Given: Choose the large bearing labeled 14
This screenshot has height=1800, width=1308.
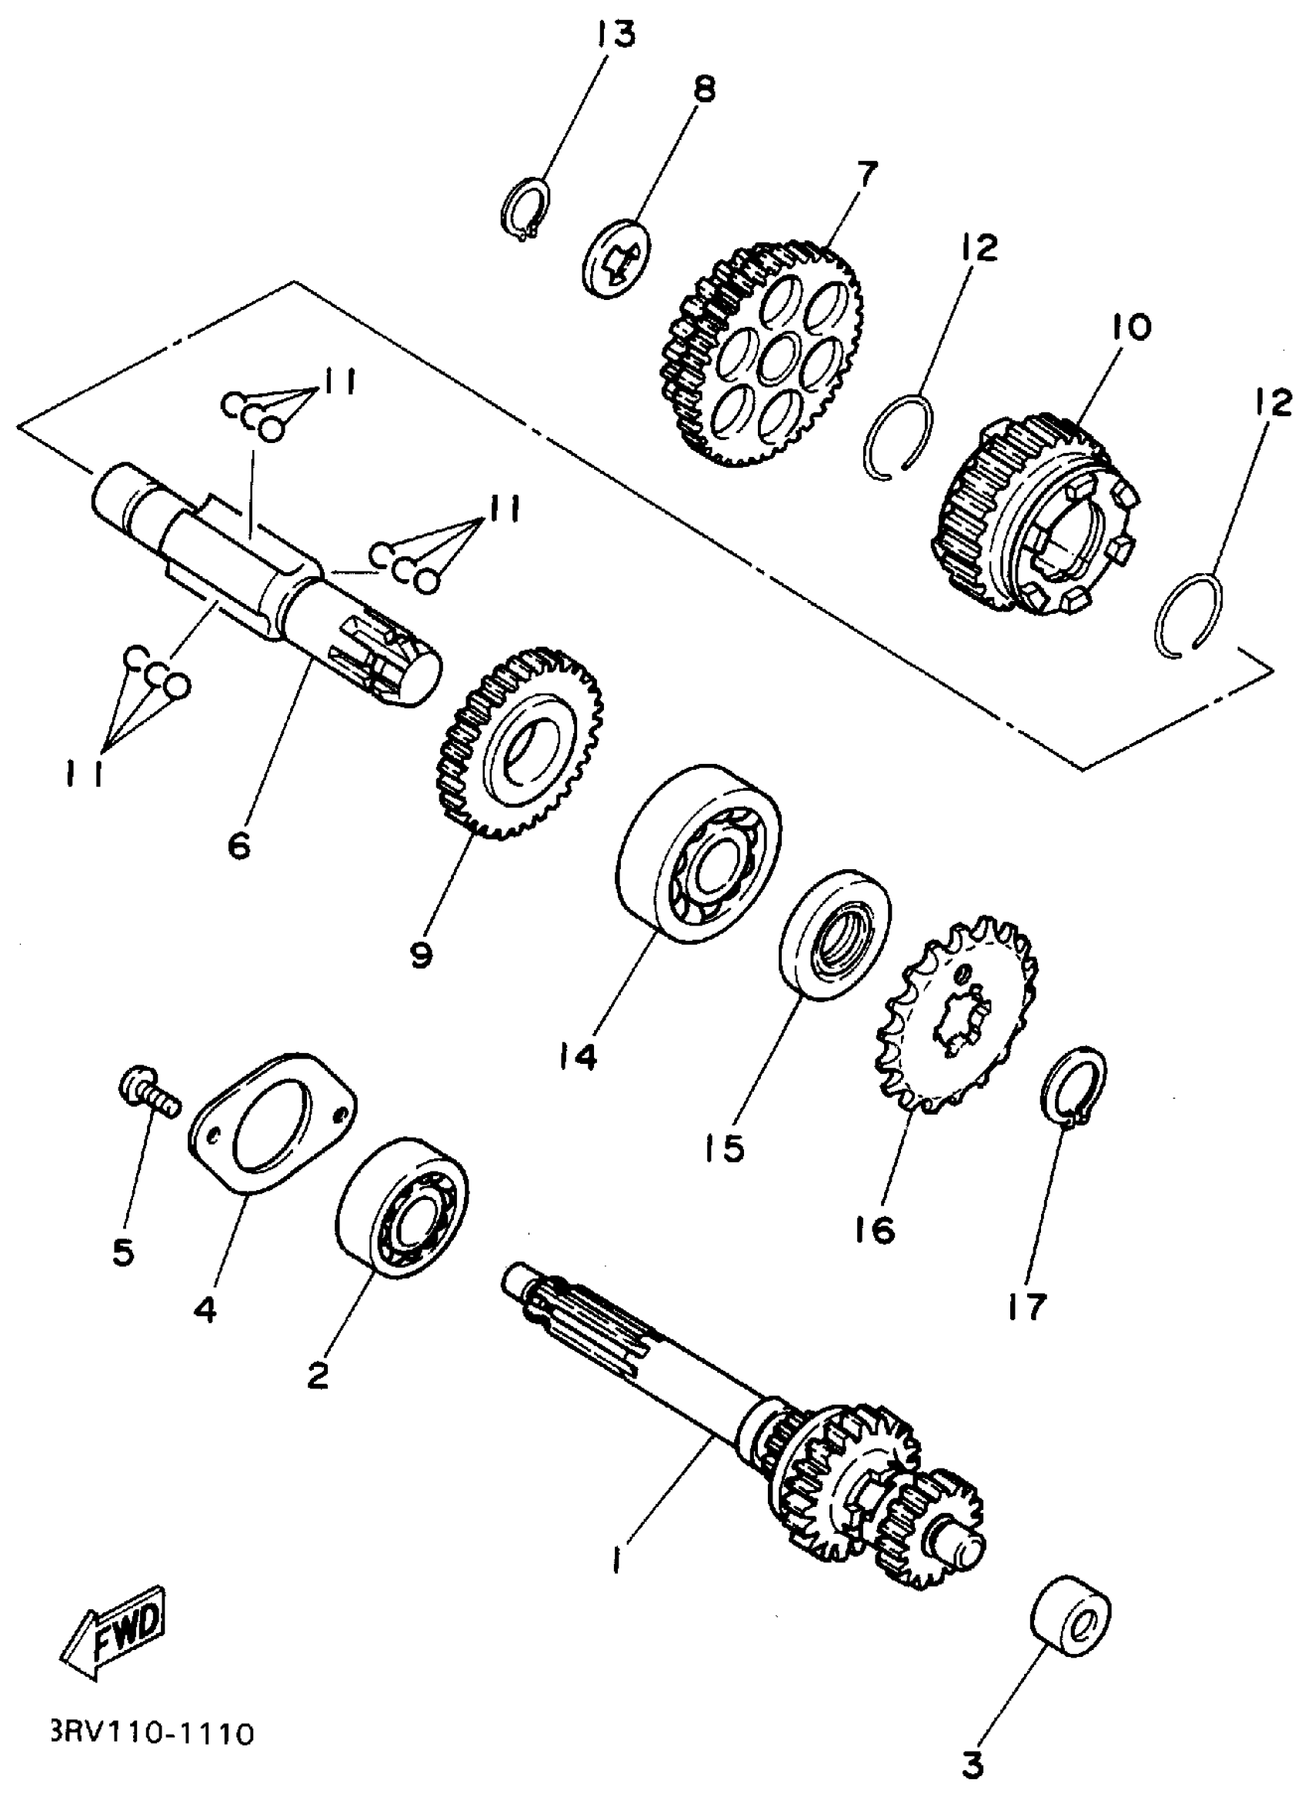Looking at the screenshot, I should (699, 854).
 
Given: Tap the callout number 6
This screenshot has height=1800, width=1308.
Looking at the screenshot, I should (238, 845).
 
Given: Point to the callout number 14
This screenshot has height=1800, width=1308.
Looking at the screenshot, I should (576, 1056).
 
